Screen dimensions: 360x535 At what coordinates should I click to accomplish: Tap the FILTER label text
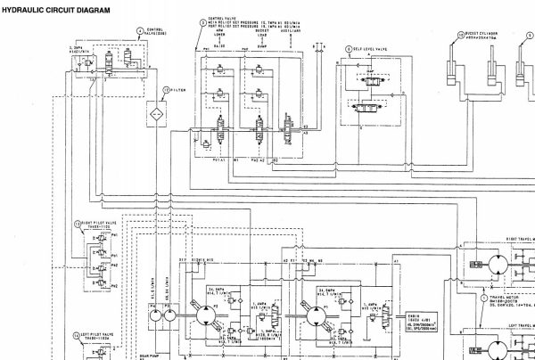click(x=179, y=90)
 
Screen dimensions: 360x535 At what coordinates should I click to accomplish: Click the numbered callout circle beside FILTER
click(x=164, y=90)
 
